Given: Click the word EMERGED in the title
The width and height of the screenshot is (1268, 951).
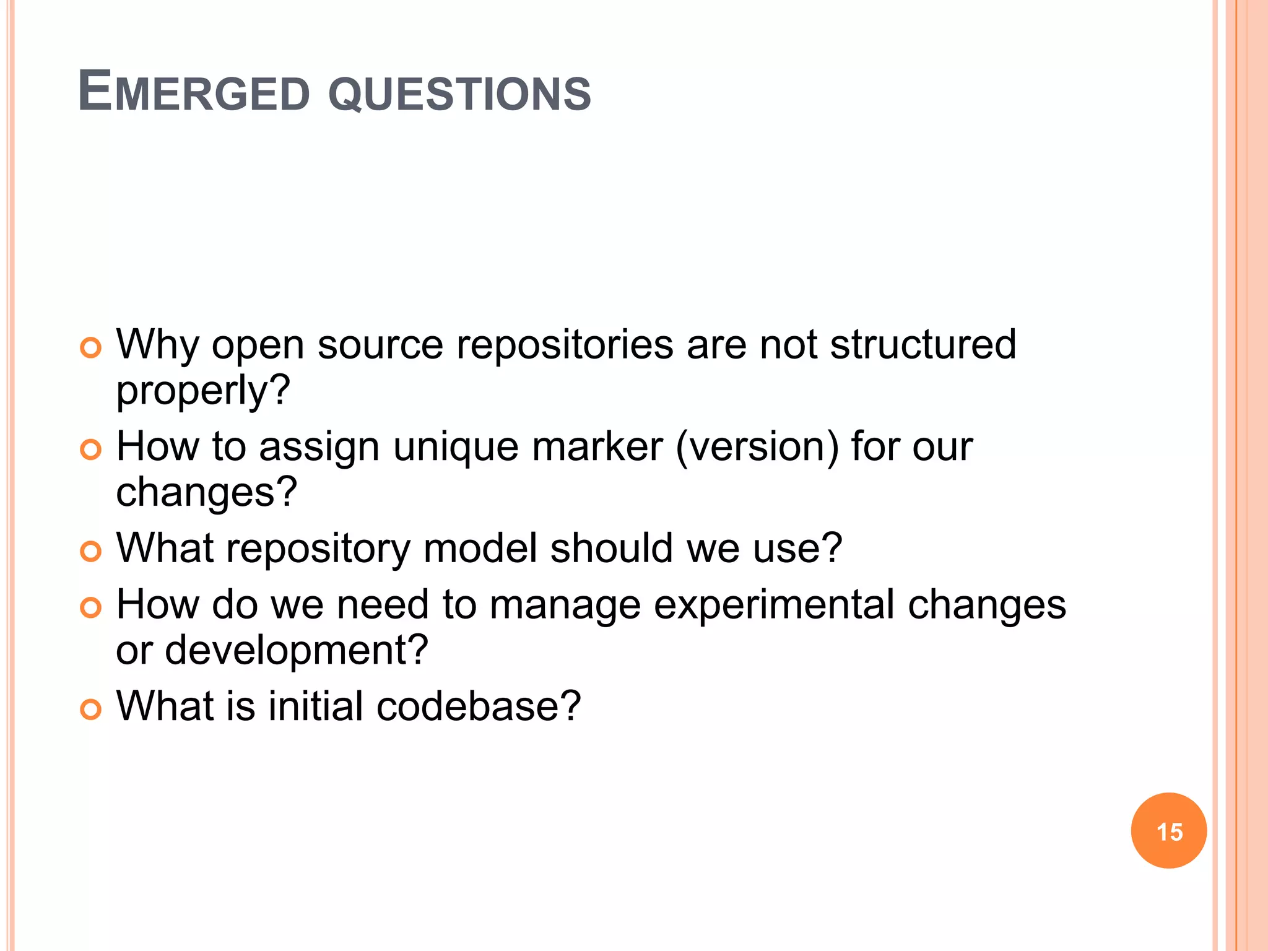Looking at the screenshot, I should tap(194, 92).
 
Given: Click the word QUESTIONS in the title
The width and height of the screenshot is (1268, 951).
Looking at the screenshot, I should tap(459, 94).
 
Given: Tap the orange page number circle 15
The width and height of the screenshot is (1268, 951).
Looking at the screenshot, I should tap(1168, 831).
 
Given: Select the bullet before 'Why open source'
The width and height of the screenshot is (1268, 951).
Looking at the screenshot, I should tap(90, 348).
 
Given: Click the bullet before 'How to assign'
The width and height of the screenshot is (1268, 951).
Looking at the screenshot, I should tap(90, 450).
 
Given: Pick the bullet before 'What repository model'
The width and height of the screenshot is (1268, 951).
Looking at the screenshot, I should tap(90, 552).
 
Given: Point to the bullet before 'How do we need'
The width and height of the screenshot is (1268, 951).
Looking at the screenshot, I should tap(90, 608).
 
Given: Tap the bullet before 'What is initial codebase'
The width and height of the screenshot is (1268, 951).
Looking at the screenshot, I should tap(90, 710).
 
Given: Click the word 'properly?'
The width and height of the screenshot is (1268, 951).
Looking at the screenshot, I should tap(203, 392).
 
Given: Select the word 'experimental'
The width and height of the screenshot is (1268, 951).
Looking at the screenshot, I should tap(774, 606).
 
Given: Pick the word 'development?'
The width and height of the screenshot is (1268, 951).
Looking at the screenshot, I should tap(296, 651).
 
